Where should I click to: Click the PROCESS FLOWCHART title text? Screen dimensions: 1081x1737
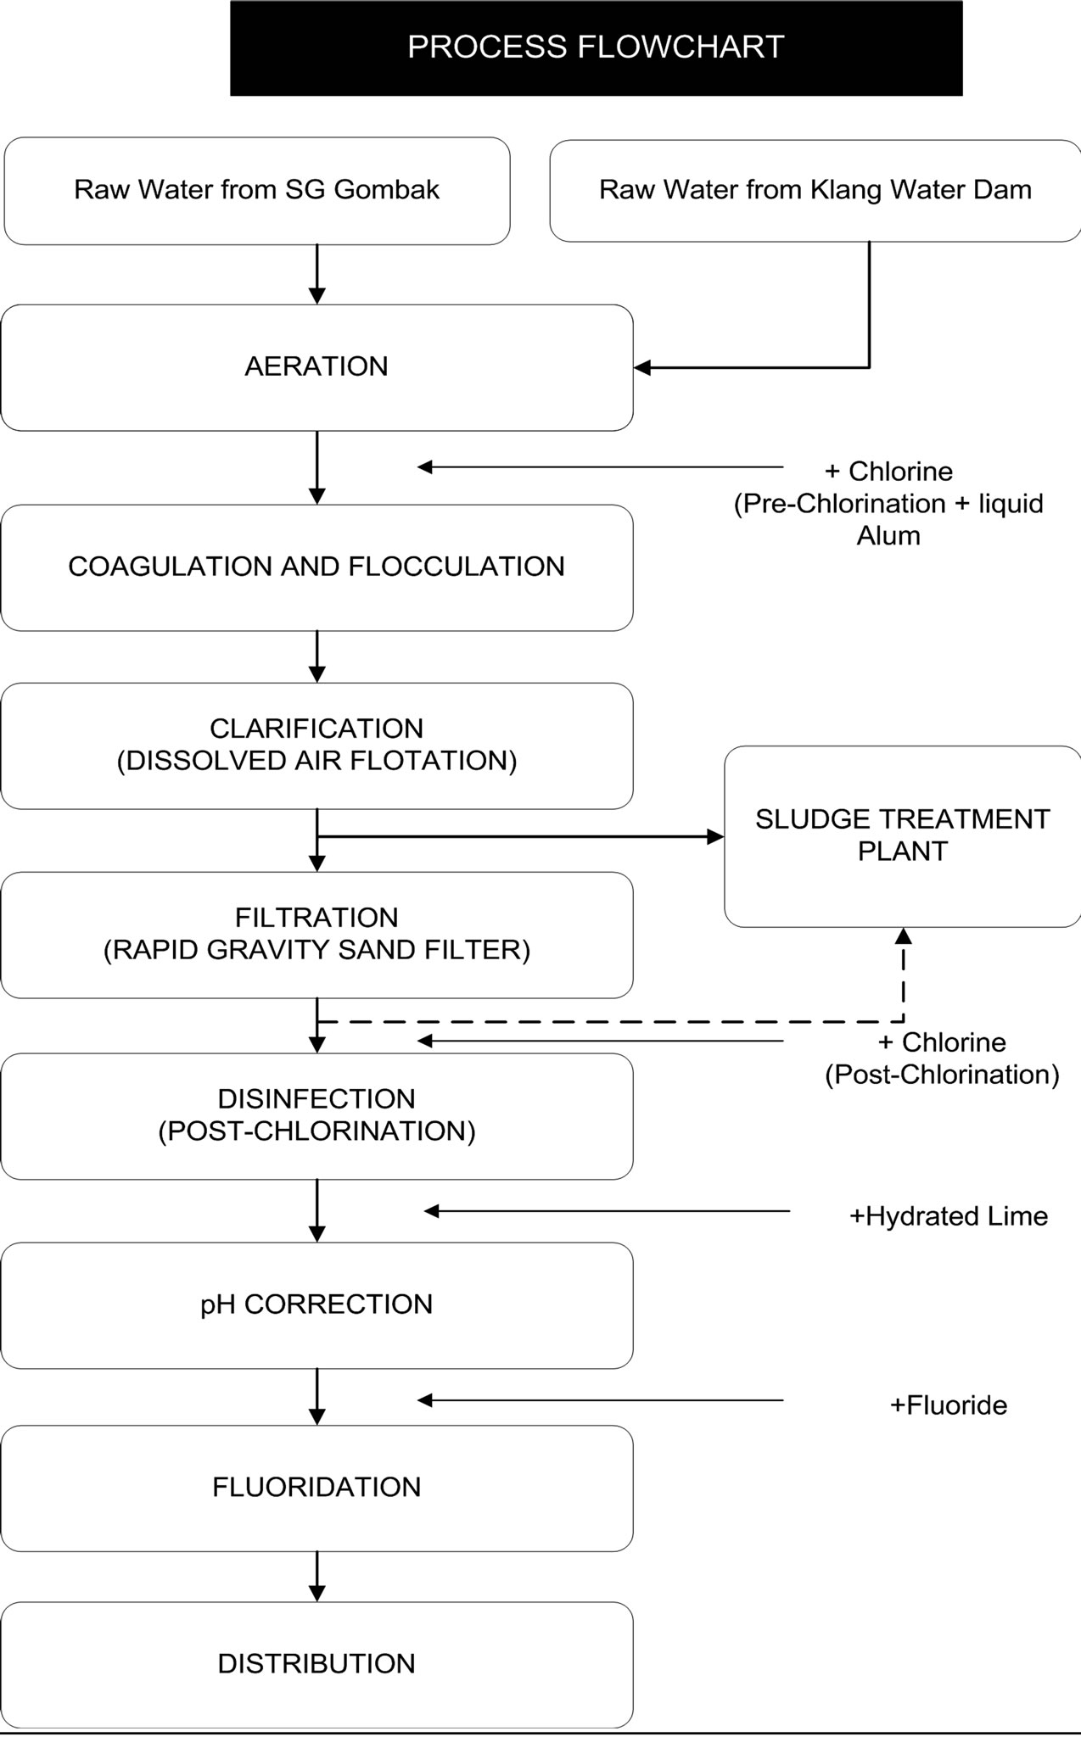(596, 47)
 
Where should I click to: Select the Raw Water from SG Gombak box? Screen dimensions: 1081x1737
(257, 191)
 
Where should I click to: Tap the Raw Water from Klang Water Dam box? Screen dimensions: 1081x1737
(815, 191)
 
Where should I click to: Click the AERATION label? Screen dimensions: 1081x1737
(316, 366)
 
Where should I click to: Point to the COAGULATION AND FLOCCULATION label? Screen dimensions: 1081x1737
(316, 567)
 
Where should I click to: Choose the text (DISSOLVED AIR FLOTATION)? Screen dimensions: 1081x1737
(316, 761)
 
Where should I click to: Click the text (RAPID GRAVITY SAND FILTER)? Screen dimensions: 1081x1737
(316, 950)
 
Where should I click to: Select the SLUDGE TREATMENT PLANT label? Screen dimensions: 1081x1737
(903, 835)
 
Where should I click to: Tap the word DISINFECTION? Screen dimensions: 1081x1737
(316, 1099)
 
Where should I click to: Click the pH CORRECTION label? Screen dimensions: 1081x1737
(316, 1304)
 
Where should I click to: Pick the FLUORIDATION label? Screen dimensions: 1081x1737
(316, 1487)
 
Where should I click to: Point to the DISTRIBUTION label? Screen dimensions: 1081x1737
(316, 1664)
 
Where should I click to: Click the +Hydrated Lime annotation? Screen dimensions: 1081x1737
(949, 1217)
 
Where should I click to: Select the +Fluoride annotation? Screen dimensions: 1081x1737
(949, 1405)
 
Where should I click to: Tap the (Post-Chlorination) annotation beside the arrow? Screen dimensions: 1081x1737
(943, 1075)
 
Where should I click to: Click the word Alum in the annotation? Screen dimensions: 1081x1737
(888, 536)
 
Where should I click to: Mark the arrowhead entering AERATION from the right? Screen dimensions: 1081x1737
(642, 367)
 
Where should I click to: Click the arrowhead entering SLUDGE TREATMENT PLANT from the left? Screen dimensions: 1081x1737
(716, 837)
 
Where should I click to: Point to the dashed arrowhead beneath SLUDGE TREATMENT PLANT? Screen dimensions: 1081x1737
(904, 936)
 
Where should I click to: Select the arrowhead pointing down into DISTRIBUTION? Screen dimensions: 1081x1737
(316, 1594)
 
